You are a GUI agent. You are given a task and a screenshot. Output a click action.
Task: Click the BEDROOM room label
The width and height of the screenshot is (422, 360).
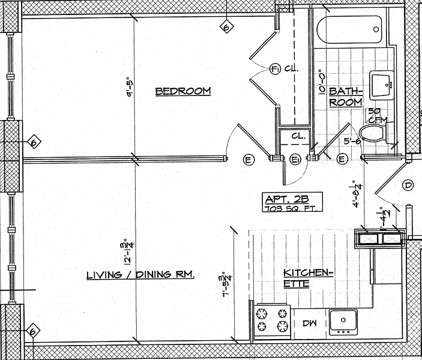(183, 91)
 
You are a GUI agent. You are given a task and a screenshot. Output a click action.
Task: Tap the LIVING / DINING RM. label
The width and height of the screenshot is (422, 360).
(140, 275)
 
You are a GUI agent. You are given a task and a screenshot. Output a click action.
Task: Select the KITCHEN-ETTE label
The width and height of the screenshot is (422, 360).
(307, 277)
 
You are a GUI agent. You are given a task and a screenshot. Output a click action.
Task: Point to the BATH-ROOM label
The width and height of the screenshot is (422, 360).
(346, 97)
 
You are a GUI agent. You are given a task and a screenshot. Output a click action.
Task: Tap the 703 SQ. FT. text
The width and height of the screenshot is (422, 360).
(293, 208)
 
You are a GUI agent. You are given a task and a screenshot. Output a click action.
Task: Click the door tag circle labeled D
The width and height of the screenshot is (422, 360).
(408, 186)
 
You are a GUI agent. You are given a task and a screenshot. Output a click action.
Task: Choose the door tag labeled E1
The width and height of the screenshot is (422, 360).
(295, 159)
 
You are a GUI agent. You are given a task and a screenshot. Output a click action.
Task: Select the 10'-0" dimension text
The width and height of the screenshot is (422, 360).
(322, 84)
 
